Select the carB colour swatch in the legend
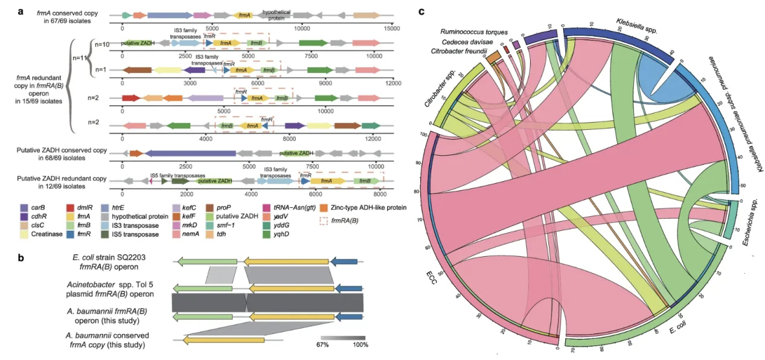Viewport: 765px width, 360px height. pyautogui.click(x=23, y=208)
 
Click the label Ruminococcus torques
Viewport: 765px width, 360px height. pyautogui.click(x=473, y=32)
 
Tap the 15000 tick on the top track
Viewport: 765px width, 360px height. pyautogui.click(x=392, y=28)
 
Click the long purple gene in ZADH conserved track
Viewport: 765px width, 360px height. pyautogui.click(x=190, y=153)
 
